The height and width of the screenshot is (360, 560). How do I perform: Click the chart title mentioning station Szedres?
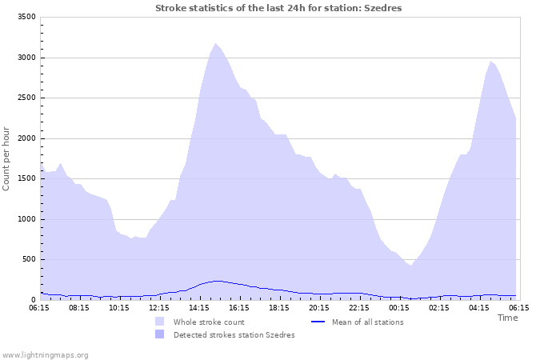(x=278, y=8)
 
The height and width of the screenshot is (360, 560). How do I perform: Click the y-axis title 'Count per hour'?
(x=7, y=158)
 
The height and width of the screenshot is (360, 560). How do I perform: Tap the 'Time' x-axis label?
(x=507, y=318)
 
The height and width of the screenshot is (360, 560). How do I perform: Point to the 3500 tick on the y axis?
(x=26, y=17)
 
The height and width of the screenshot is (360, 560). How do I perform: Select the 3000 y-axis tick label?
(x=26, y=58)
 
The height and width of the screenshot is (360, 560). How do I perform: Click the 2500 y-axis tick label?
(x=26, y=98)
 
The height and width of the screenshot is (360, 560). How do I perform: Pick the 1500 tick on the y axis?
(x=26, y=178)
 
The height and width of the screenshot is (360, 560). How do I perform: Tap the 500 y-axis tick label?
(x=29, y=259)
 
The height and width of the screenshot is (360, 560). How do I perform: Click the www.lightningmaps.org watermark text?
(x=46, y=354)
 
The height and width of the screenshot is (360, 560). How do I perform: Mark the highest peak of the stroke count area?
(x=215, y=44)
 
